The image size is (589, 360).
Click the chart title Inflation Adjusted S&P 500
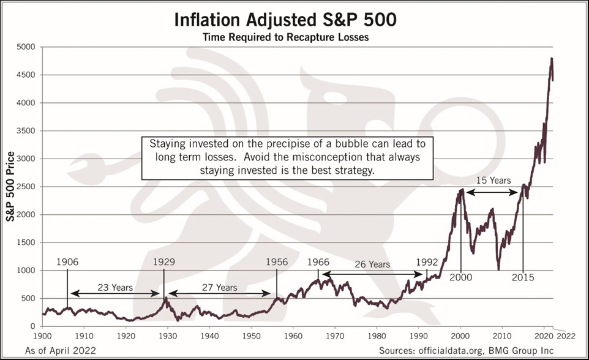pos(285,20)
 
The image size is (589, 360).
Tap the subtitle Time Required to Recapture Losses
pos(285,38)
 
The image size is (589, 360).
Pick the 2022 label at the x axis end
pos(566,336)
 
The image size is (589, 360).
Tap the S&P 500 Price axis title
pos(10,187)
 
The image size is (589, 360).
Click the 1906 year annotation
pos(67,261)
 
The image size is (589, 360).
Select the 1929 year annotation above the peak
pos(163,261)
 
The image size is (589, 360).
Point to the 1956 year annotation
pos(277,261)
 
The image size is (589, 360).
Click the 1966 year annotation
pos(318,261)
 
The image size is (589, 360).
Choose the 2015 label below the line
pos(523,277)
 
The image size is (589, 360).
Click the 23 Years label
pos(114,287)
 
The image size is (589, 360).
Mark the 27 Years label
pos(219,287)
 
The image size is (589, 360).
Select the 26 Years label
pos(371,264)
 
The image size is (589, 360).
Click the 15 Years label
pos(493,181)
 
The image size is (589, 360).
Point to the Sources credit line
pos(467,350)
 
